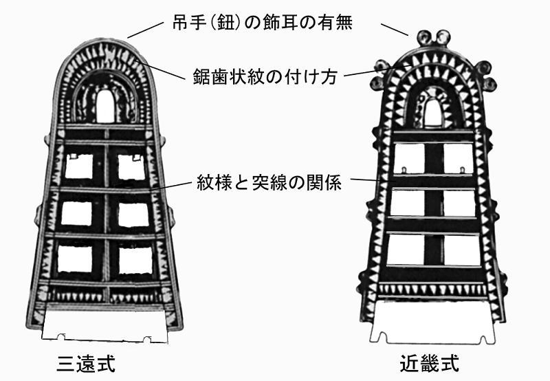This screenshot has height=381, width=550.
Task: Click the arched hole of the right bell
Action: tap(432, 111)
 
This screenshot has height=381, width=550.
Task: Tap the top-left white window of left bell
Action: tap(78, 166)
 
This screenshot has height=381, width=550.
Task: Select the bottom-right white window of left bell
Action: tap(135, 259)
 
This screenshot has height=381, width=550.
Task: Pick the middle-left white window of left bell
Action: tap(76, 214)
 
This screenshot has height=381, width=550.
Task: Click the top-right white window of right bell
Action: tap(458, 157)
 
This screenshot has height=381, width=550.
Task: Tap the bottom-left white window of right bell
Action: tap(406, 250)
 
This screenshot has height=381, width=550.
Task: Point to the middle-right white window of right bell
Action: tap(458, 203)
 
